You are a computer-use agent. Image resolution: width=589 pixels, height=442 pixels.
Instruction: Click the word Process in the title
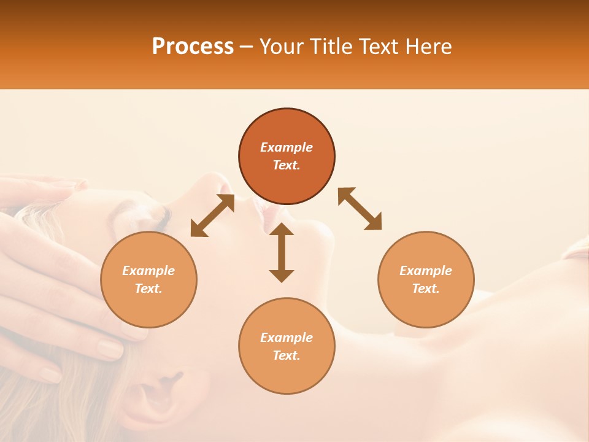tap(193, 46)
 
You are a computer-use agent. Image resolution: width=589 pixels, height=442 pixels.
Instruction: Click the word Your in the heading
tap(282, 46)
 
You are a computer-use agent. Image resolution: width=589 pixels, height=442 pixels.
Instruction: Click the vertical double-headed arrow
tap(282, 252)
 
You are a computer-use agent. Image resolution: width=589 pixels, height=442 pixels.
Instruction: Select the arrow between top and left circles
tap(212, 215)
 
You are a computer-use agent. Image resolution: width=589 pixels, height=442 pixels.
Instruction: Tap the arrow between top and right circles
tap(360, 209)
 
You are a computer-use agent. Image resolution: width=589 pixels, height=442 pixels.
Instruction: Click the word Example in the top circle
tap(287, 147)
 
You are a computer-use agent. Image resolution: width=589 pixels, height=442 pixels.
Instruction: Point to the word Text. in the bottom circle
tap(287, 355)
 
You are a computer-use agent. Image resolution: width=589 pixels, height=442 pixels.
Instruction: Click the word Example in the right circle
tap(426, 271)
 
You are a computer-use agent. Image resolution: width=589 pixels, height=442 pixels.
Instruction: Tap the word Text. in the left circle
tap(148, 289)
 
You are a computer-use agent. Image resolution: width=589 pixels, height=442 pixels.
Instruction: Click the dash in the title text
tap(246, 47)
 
